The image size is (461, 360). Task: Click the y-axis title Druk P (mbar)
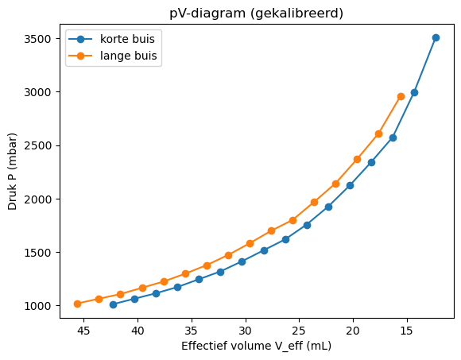pyautogui.click(x=14, y=172)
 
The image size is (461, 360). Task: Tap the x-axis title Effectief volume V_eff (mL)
pyautogui.click(x=256, y=346)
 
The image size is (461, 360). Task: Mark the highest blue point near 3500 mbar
pyautogui.click(x=436, y=37)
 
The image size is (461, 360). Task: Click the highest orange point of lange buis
pyautogui.click(x=401, y=96)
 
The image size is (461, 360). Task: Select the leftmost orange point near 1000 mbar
pyautogui.click(x=77, y=304)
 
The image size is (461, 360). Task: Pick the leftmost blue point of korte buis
pyautogui.click(x=113, y=304)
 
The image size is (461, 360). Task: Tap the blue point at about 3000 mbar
pyautogui.click(x=414, y=92)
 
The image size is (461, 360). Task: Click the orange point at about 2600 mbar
pyautogui.click(x=378, y=134)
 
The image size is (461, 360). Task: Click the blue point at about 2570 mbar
pyautogui.click(x=393, y=137)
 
